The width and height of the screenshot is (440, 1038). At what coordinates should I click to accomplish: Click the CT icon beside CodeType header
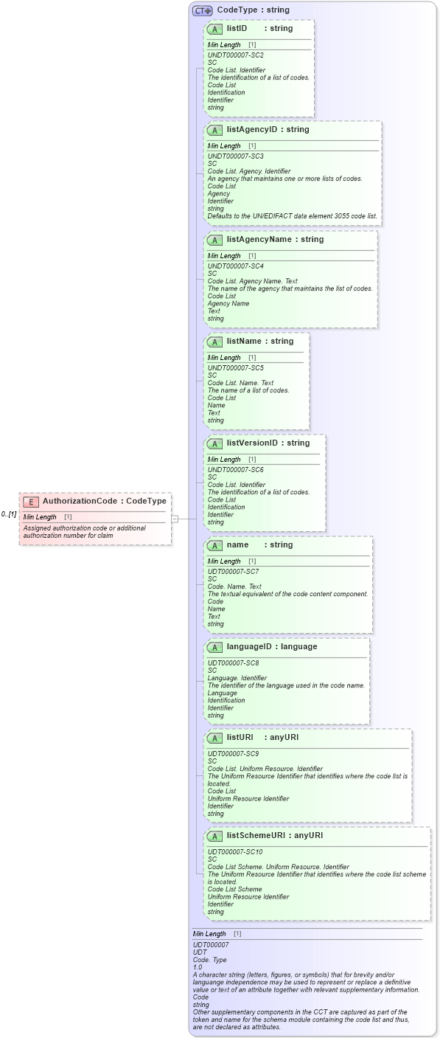click(202, 11)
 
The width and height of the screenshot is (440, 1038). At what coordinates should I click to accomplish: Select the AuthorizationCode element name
click(80, 502)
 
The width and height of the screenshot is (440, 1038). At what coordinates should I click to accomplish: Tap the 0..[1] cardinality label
click(9, 514)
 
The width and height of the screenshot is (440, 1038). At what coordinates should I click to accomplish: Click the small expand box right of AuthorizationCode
click(175, 519)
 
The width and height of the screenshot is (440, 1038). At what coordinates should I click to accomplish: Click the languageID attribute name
click(251, 647)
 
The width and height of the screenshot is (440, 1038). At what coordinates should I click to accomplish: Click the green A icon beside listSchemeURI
click(214, 837)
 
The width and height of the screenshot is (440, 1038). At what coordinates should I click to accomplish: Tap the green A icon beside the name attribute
click(214, 546)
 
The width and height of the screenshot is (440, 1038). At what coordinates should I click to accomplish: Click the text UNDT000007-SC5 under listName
click(235, 367)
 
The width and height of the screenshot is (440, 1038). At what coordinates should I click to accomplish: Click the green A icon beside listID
click(214, 30)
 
